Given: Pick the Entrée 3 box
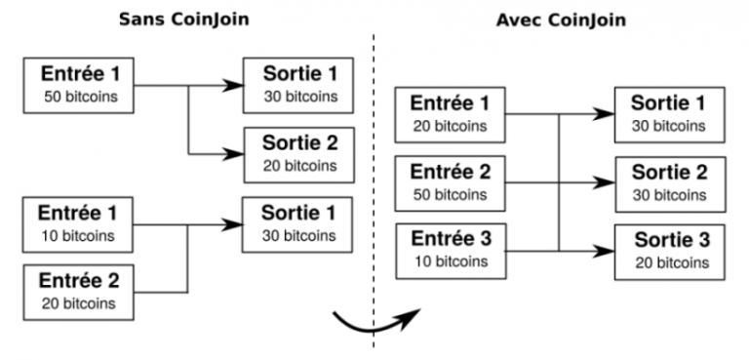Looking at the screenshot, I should click(449, 250).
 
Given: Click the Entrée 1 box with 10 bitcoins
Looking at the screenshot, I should click(79, 223).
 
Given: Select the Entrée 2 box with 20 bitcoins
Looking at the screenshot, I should click(79, 292).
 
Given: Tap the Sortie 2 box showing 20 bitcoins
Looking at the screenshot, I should click(299, 154).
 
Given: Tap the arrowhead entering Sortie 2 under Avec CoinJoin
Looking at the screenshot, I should click(604, 181).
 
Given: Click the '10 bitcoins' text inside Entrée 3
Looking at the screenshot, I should click(449, 261).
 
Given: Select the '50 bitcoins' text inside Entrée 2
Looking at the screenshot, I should click(449, 194).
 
